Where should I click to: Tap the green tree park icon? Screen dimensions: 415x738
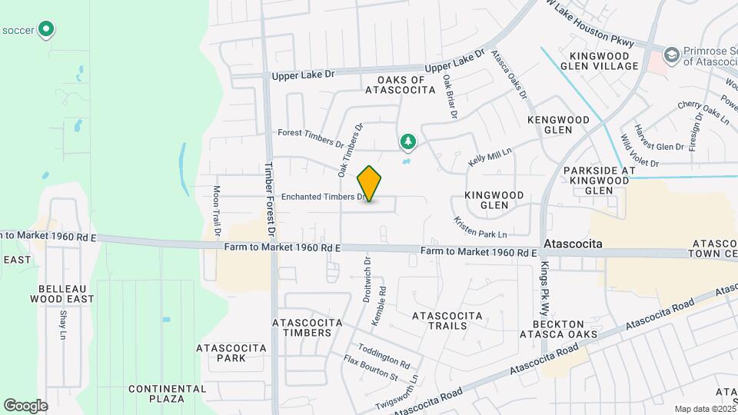tap(407, 142)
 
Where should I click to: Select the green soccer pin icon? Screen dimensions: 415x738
tap(47, 30)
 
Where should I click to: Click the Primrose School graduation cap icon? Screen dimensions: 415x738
tap(671, 55)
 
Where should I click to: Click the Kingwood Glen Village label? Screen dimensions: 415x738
tap(603, 61)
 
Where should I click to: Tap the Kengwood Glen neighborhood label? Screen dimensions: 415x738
tap(558, 124)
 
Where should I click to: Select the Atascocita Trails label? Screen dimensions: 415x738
tap(450, 320)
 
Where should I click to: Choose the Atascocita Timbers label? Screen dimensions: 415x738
tap(307, 327)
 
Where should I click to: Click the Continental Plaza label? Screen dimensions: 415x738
tap(167, 393)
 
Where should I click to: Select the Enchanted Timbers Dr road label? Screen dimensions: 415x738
tap(321, 198)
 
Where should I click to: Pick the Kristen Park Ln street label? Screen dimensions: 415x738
tap(480, 227)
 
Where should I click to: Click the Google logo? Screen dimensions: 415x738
tap(25, 405)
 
